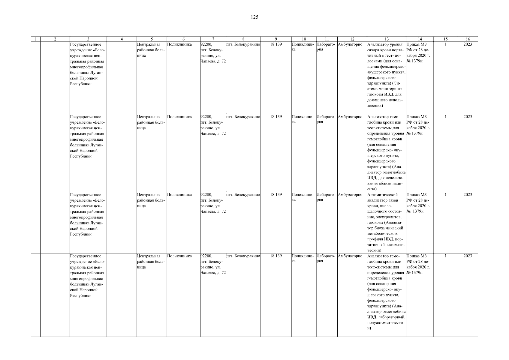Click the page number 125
[x=254, y=17]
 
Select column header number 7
[x=213, y=39]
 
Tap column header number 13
[x=386, y=39]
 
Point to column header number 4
[x=122, y=39]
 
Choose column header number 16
[x=468, y=39]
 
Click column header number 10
[x=304, y=39]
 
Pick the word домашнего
[x=377, y=100]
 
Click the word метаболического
[x=383, y=233]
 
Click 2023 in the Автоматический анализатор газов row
[x=468, y=195]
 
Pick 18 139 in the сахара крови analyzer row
[x=276, y=44]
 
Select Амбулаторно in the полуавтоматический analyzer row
[x=350, y=256]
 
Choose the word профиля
[x=375, y=239]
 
